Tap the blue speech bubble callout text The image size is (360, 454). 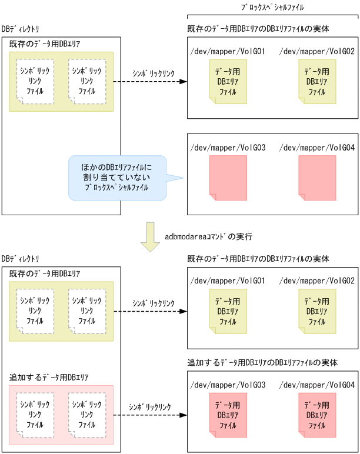tap(116, 177)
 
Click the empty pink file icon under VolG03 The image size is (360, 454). tap(227, 175)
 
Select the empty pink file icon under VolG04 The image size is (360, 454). tap(317, 175)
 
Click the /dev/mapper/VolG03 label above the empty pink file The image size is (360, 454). tap(228, 147)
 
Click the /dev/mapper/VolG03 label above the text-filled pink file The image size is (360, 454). tap(228, 385)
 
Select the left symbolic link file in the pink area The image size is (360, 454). tap(35, 415)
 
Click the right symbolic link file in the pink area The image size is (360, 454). tap(86, 415)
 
